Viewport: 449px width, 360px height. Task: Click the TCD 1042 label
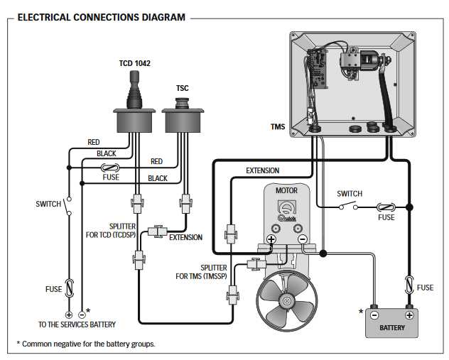tap(134, 63)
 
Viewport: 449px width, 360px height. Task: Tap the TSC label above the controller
tap(182, 88)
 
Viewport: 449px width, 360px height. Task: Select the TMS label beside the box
tap(278, 128)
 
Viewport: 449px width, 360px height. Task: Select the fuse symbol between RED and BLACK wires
tap(111, 168)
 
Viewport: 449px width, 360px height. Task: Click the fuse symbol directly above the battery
tap(409, 285)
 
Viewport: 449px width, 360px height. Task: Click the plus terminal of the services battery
tap(69, 313)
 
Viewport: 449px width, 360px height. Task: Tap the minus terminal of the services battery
tap(82, 313)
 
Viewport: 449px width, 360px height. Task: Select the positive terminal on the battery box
tap(409, 314)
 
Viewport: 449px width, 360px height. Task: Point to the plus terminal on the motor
tap(271, 239)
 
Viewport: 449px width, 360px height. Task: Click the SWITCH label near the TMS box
tap(350, 194)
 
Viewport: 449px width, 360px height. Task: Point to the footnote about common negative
tap(85, 344)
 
